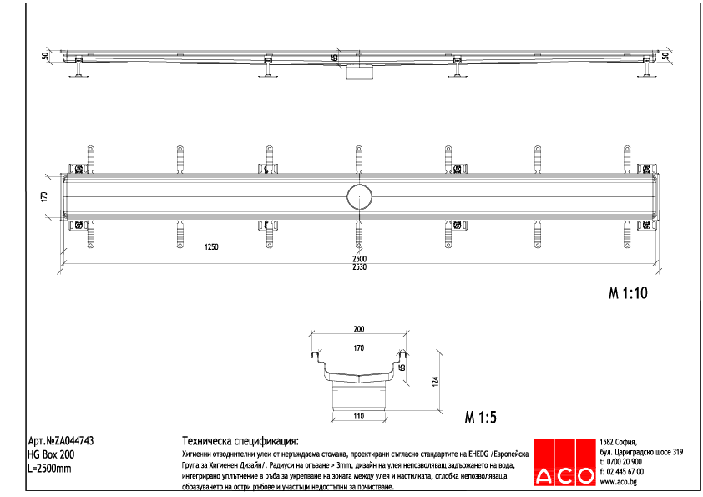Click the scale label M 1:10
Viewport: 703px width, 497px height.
click(x=627, y=293)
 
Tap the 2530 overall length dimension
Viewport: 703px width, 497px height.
click(x=359, y=266)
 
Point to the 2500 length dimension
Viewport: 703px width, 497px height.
click(x=359, y=259)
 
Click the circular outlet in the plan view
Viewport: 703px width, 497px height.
click(x=360, y=198)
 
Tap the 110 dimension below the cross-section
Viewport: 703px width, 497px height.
click(x=359, y=415)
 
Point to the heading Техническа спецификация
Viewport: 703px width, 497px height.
click(x=240, y=441)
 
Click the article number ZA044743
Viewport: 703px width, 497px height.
click(x=60, y=441)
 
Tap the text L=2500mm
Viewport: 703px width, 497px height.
click(x=50, y=468)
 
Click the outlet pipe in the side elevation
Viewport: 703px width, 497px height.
click(x=360, y=72)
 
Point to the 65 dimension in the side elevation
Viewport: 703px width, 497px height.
click(x=335, y=58)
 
